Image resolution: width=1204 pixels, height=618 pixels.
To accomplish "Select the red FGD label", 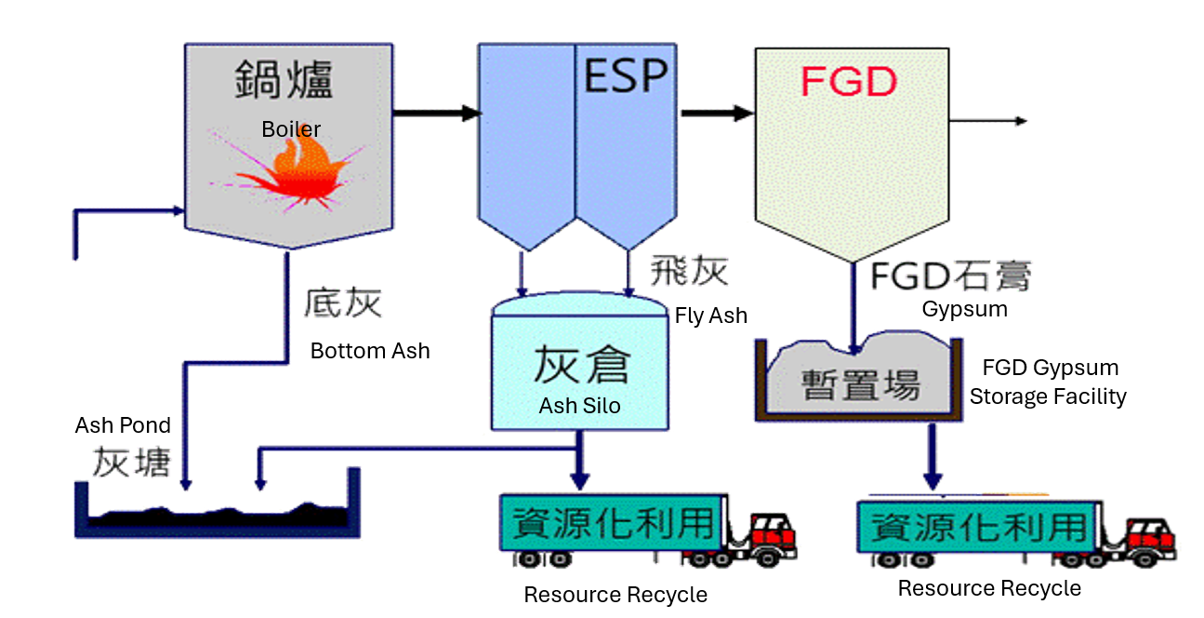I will click(848, 83).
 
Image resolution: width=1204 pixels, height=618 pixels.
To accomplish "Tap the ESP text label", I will click(625, 75).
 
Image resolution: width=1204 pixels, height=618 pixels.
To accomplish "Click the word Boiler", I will click(291, 129).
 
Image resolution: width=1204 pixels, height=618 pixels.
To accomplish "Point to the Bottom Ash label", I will click(370, 351).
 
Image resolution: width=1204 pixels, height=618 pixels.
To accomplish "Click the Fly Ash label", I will click(711, 316).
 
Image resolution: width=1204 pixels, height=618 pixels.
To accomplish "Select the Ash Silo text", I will click(579, 406).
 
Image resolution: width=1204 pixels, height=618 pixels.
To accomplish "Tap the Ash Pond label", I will click(123, 425).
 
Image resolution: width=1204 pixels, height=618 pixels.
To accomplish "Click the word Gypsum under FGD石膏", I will click(964, 309).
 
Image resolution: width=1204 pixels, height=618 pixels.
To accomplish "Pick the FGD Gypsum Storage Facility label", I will click(1048, 383).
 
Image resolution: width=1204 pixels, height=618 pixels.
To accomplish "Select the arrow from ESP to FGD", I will click(716, 114).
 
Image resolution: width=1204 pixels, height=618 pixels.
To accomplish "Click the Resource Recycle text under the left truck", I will click(615, 595).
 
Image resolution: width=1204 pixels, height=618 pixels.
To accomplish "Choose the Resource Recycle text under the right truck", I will click(989, 588).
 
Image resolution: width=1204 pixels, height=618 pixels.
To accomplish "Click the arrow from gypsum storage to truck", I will click(931, 457).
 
